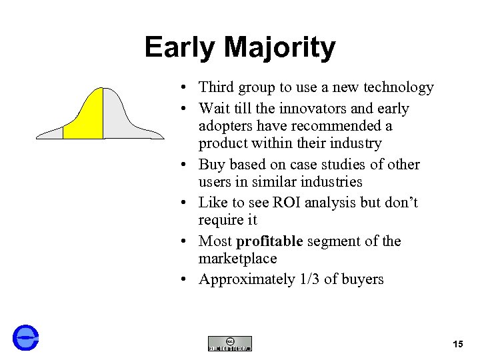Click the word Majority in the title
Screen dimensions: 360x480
pos(280,48)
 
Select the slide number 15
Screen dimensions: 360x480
pos(457,344)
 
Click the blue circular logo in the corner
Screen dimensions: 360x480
pos(26,337)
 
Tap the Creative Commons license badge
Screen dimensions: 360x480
pos(230,343)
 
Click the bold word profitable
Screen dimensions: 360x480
pos(269,241)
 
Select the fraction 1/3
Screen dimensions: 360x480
pos(308,279)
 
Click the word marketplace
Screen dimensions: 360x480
pos(237,258)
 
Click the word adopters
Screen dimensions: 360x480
pos(225,125)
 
